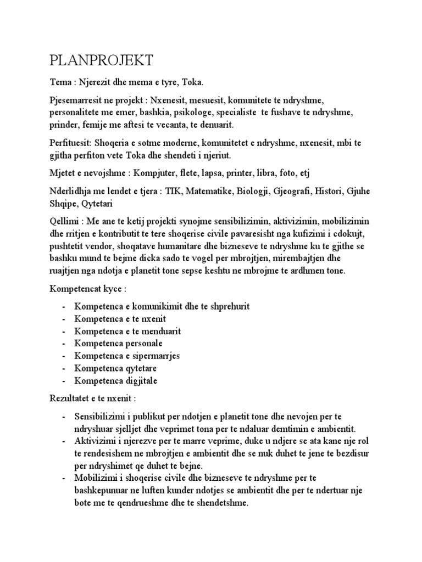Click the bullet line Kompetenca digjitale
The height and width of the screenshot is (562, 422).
click(118, 380)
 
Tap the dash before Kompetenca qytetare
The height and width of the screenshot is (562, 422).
click(65, 368)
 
